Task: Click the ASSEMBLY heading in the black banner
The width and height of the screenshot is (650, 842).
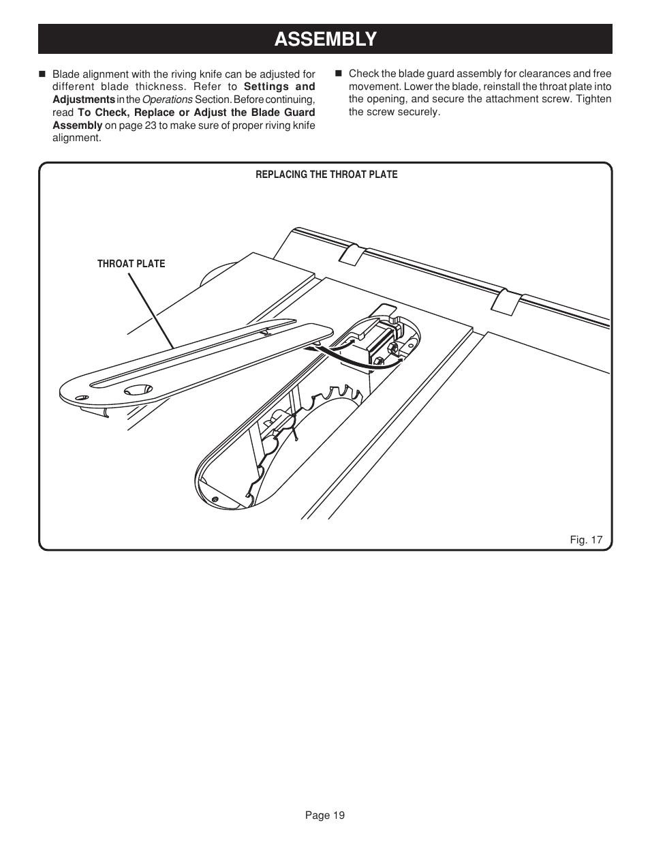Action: [x=325, y=40]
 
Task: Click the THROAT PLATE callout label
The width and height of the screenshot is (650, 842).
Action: [x=131, y=264]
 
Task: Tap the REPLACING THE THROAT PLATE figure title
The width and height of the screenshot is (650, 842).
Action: [x=326, y=175]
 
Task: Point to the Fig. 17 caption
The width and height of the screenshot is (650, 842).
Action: [x=586, y=540]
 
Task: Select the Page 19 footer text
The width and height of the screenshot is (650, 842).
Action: [x=325, y=815]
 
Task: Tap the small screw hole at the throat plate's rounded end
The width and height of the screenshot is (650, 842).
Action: [x=81, y=397]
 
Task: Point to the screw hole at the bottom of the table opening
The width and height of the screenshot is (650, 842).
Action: [x=215, y=500]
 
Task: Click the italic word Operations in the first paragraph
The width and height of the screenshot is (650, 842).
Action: [x=167, y=100]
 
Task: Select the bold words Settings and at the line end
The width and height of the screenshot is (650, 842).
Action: [x=279, y=87]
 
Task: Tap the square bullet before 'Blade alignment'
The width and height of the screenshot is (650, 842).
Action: [x=42, y=74]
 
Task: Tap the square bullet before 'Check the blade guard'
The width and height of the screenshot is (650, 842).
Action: [x=339, y=74]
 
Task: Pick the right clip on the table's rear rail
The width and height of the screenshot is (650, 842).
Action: [x=506, y=301]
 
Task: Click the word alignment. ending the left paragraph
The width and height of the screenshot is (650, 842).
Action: [x=76, y=138]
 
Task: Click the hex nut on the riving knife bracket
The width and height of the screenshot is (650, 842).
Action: [x=394, y=348]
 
